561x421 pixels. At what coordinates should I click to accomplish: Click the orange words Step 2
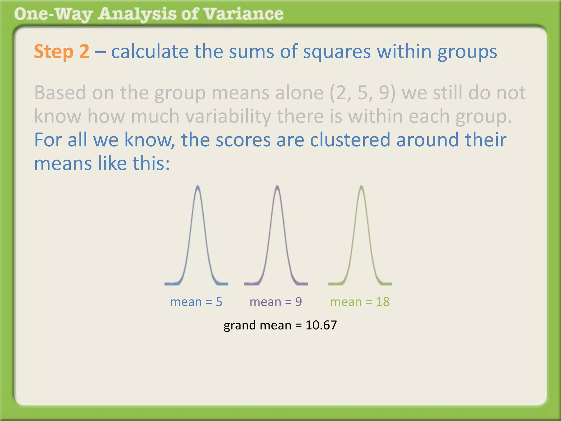coord(62,52)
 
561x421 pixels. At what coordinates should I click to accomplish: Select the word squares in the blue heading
coord(337,52)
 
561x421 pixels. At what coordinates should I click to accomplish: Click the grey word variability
coord(228,116)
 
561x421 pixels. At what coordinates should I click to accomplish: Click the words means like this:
coord(102,164)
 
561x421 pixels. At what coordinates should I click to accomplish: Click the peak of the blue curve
coord(198,187)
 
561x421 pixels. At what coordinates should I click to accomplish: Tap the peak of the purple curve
coord(277,187)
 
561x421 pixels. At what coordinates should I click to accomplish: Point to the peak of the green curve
coord(361,187)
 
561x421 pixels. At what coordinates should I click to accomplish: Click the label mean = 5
coord(196,302)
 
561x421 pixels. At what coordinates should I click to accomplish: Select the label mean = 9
coord(276,302)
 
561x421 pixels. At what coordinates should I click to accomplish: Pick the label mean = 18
coord(360,302)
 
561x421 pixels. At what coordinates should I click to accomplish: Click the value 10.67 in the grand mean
coord(321,325)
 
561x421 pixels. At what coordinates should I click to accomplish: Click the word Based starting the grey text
coord(60,93)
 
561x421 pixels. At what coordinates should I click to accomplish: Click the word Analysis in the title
coord(137,14)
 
